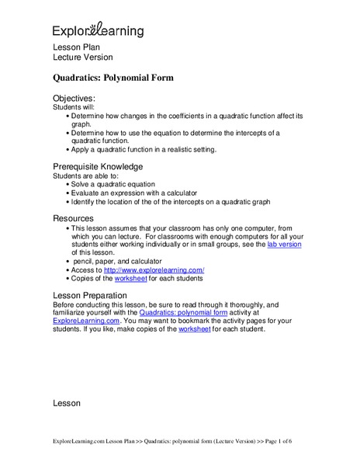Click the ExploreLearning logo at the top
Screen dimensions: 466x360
click(98, 30)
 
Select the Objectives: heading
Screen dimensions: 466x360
click(74, 99)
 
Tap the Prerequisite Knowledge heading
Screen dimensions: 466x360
click(97, 166)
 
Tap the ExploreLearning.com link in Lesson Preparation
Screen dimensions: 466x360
click(85, 320)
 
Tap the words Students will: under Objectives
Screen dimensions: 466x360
click(72, 107)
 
